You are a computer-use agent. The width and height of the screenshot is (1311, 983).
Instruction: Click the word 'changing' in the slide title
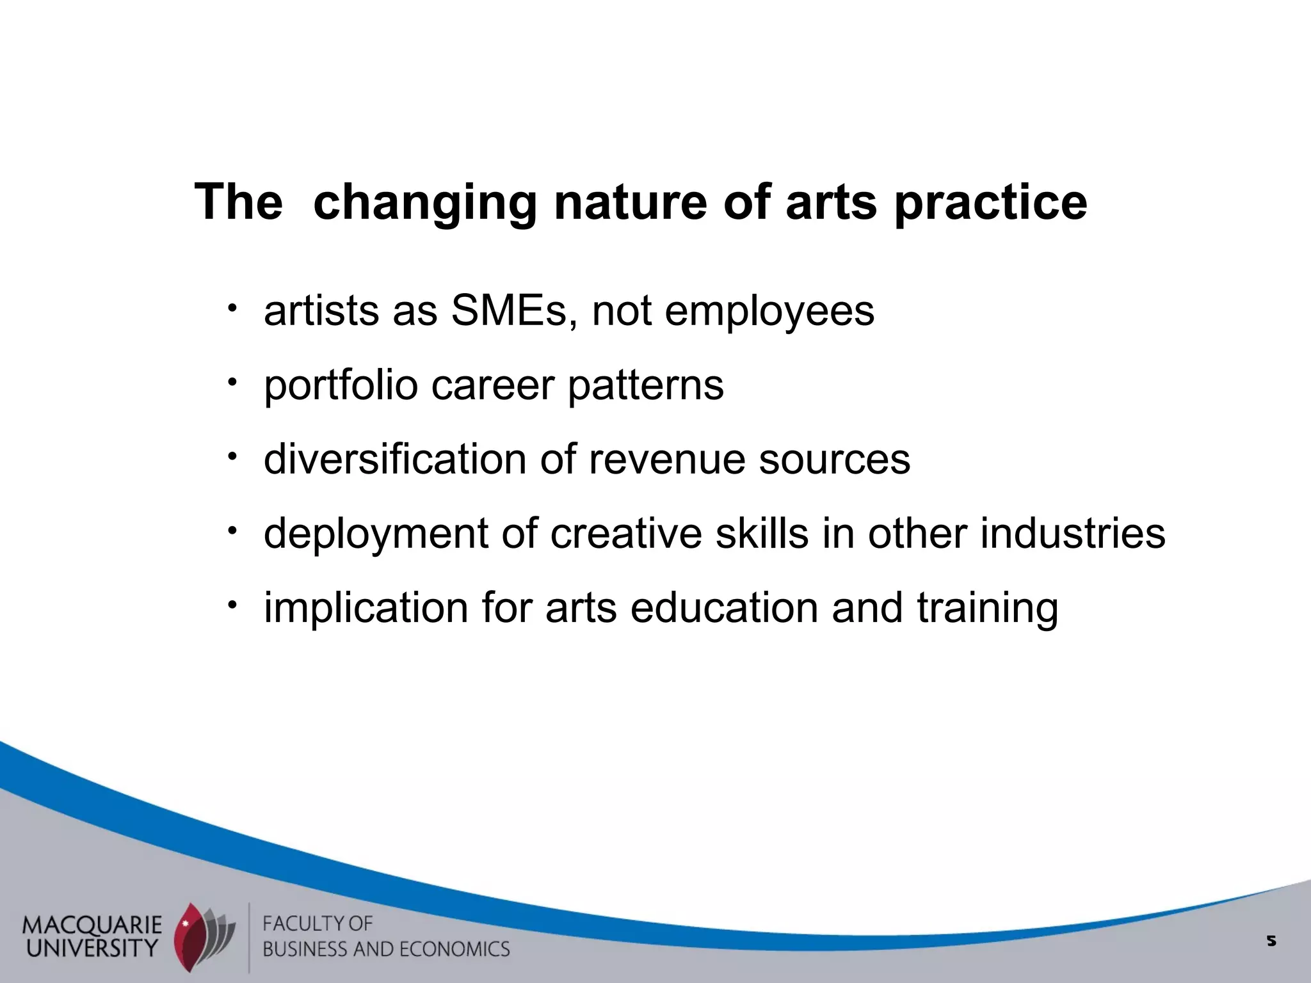tap(424, 203)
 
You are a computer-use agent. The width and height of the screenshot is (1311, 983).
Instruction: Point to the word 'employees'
tap(769, 311)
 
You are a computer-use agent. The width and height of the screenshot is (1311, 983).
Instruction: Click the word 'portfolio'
tap(341, 386)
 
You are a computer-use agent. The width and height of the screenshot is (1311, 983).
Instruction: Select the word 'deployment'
tap(376, 534)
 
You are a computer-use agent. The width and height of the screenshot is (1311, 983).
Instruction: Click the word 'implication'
tap(366, 608)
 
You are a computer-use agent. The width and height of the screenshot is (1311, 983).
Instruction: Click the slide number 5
tap(1271, 941)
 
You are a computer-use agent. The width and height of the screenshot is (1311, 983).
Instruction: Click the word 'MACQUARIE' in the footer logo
tap(92, 924)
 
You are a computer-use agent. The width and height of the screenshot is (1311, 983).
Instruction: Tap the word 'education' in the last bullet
tap(724, 608)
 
